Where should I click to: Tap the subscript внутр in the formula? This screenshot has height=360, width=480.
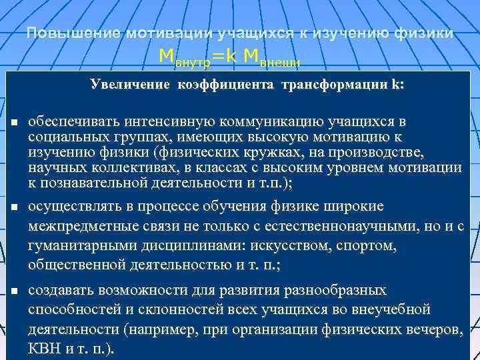point(193,63)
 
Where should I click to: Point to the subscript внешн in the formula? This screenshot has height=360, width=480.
point(280,63)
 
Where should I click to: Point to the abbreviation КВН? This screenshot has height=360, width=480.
point(45,349)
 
